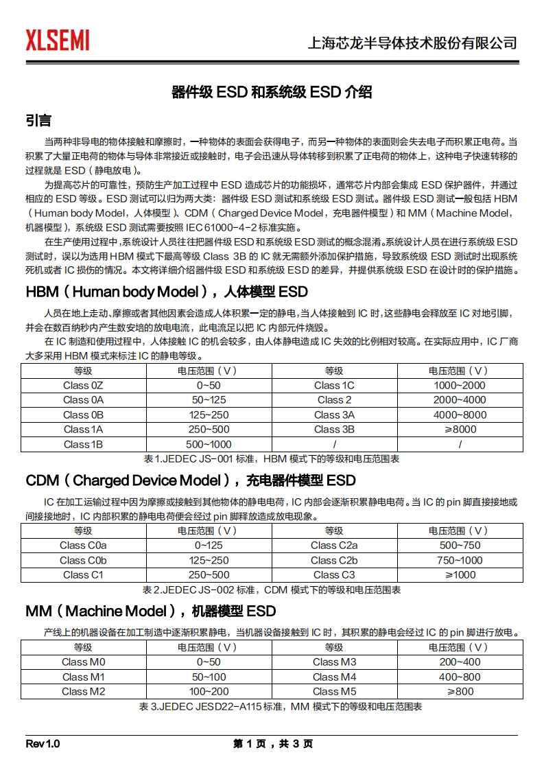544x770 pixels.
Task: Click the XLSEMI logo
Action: (x=58, y=40)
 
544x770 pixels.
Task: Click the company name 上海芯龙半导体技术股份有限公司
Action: (x=412, y=43)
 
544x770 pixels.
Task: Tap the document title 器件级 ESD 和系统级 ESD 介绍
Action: (x=272, y=91)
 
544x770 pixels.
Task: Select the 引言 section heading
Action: (x=38, y=121)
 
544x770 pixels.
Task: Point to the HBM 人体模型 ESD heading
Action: (x=167, y=292)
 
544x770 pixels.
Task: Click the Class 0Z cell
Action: (x=83, y=386)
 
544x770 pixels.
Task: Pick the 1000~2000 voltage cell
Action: (x=459, y=386)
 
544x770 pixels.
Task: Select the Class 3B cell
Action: (x=334, y=430)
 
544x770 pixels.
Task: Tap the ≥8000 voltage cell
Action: (x=459, y=430)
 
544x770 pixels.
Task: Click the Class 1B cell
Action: (x=83, y=444)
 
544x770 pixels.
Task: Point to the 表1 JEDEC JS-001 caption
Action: (x=272, y=458)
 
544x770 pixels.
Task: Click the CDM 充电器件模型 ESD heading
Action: (x=191, y=480)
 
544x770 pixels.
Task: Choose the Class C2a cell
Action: (x=334, y=546)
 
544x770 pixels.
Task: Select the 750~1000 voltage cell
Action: (x=459, y=560)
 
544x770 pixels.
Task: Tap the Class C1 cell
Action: (x=83, y=574)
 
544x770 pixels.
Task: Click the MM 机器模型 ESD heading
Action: (x=151, y=611)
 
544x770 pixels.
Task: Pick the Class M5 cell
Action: (x=334, y=691)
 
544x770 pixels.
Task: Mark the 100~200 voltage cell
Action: (x=209, y=691)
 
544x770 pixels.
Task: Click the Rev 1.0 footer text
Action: (x=43, y=744)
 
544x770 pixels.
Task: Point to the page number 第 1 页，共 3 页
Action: (x=273, y=744)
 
